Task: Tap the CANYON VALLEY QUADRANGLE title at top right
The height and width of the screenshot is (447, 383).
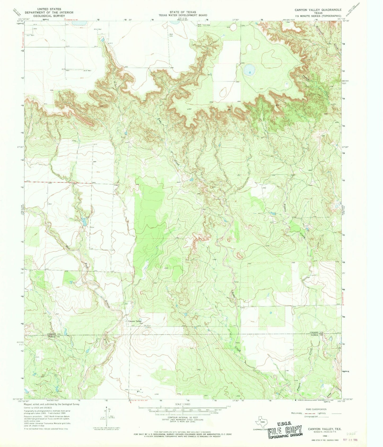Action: pyautogui.click(x=314, y=10)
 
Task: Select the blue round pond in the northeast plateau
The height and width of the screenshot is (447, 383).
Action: pyautogui.click(x=249, y=70)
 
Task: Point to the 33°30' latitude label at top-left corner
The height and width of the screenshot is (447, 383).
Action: pyautogui.click(x=20, y=21)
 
